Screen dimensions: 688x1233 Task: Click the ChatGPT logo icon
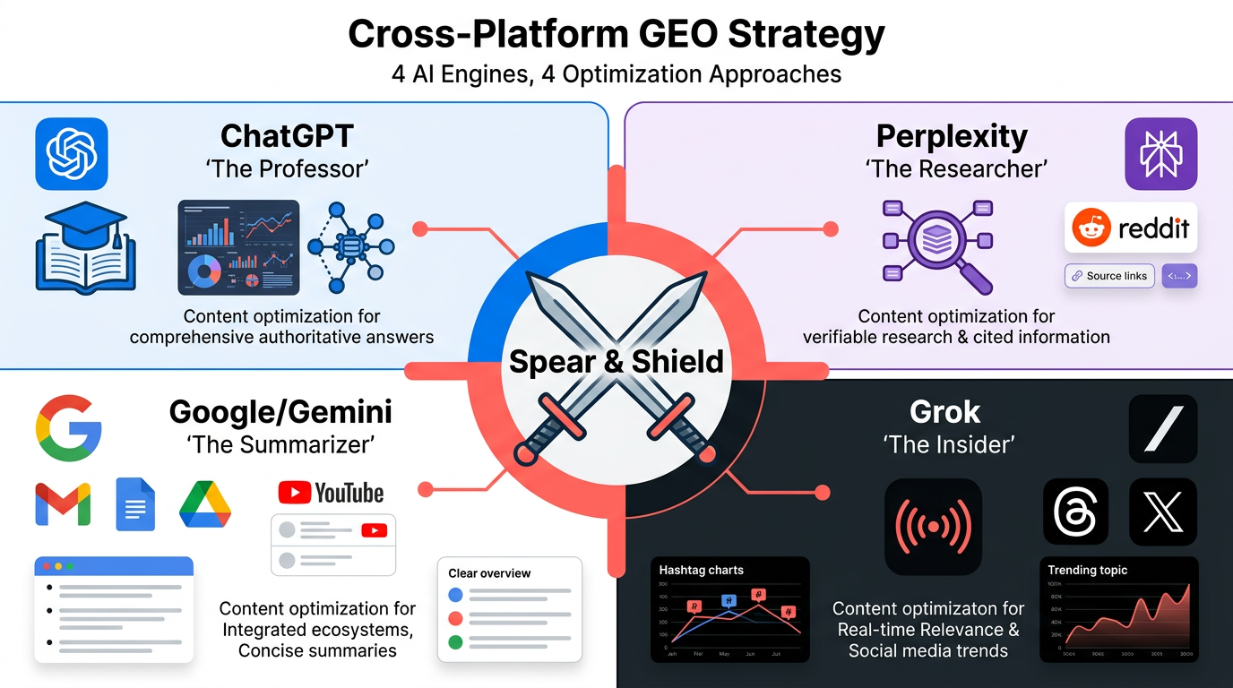[72, 154]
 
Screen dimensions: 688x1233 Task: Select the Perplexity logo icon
[1161, 154]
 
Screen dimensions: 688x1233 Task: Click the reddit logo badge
[1131, 228]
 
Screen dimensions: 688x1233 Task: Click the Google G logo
[69, 427]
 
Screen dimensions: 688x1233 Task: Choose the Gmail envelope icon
[63, 504]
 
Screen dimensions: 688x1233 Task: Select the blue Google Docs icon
[135, 504]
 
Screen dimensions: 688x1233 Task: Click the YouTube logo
[331, 492]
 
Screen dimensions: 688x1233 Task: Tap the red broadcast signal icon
[933, 527]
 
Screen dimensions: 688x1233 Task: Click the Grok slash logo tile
[1163, 428]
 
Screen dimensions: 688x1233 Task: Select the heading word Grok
[944, 412]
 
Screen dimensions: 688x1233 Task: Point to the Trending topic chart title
[1088, 570]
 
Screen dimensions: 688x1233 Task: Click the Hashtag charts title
[701, 570]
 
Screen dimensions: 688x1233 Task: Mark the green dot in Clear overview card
[455, 641]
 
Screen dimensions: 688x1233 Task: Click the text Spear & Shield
[616, 361]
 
